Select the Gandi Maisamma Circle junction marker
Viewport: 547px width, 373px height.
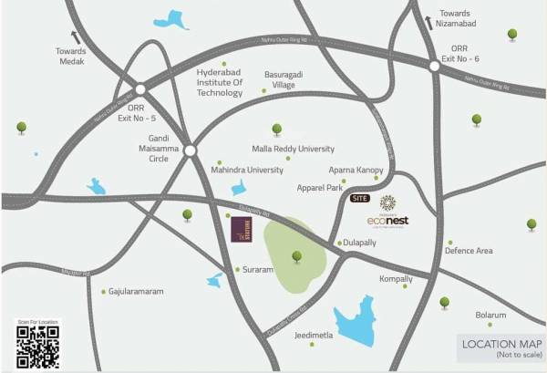click(190, 150)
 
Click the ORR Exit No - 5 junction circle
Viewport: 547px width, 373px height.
click(140, 89)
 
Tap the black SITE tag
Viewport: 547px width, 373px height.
click(361, 198)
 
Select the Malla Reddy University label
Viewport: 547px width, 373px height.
click(293, 149)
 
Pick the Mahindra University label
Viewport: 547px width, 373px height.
click(247, 170)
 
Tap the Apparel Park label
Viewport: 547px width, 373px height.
click(319, 188)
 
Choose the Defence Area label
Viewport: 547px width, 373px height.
click(469, 251)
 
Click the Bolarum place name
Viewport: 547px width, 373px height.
click(490, 315)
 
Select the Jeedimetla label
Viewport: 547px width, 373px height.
click(314, 335)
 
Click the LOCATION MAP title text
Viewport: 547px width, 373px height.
click(501, 344)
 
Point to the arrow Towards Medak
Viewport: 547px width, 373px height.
click(75, 37)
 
